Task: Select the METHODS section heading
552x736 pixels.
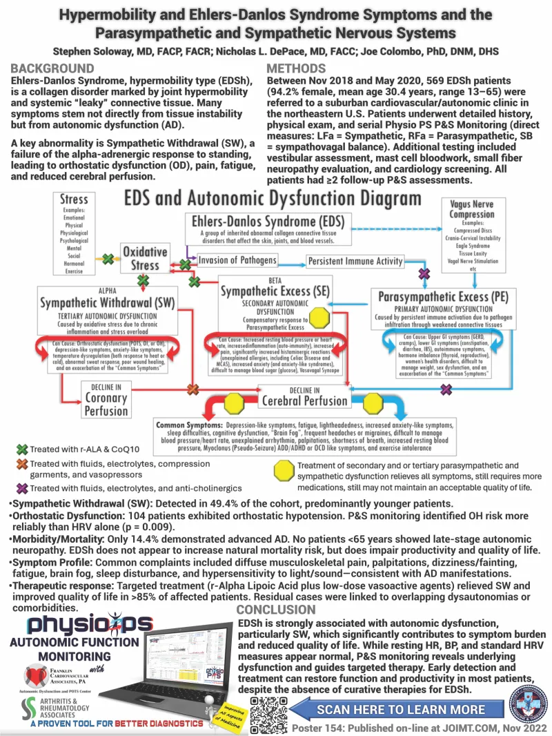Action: pos(296,68)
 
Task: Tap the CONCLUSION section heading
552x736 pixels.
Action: pos(275,610)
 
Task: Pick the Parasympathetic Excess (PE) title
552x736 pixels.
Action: pos(444,297)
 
